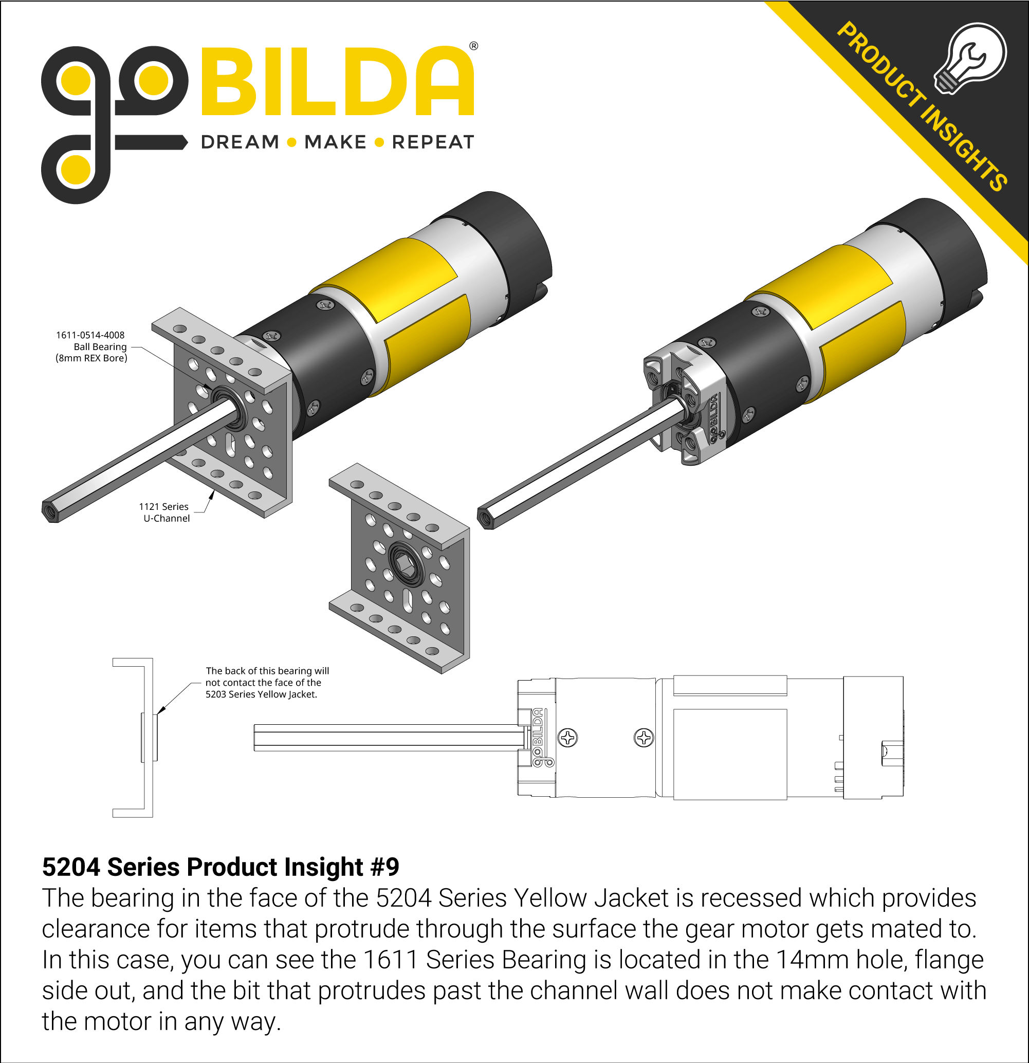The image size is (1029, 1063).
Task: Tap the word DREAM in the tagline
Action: (x=240, y=142)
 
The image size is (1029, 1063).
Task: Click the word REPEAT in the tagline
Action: (x=432, y=142)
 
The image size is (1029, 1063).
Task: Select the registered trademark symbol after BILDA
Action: (x=473, y=47)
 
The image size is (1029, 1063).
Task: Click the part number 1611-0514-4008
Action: (x=90, y=335)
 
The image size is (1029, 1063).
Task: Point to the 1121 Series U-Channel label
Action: (x=165, y=512)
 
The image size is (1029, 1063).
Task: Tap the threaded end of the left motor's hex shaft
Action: (x=50, y=511)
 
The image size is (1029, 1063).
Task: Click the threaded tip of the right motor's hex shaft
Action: (x=486, y=518)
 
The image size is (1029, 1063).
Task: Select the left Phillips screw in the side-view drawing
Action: (x=568, y=738)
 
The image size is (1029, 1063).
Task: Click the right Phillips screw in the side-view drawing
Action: (x=644, y=738)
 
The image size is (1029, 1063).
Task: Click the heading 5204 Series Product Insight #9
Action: (x=220, y=867)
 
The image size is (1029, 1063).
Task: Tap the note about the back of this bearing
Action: (x=266, y=682)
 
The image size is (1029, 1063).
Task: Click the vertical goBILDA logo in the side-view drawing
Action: (x=538, y=738)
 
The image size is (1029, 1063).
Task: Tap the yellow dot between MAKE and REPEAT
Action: (x=380, y=142)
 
